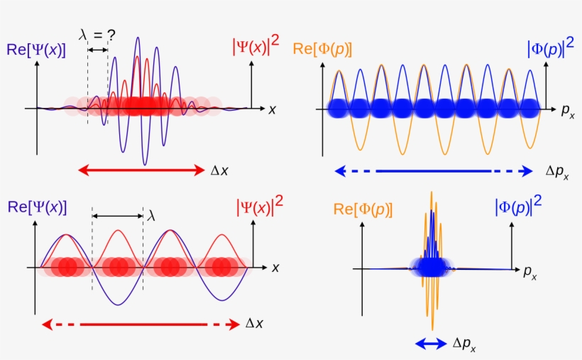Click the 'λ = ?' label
coord(97,35)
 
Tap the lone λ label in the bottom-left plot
coord(150,216)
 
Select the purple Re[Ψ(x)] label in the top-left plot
coord(36,50)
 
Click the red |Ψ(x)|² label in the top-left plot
coord(256,45)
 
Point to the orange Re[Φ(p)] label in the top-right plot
coord(322,50)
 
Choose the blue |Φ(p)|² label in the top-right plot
coord(551,48)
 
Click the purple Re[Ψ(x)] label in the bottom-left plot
coord(37,207)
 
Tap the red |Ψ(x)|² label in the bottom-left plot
coord(260,206)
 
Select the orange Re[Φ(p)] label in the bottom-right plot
coord(363,209)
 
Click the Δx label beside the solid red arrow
coord(219,170)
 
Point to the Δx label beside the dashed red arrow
coord(254,324)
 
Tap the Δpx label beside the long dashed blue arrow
coord(557,172)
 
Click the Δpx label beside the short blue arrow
coord(464,344)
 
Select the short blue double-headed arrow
coord(431,344)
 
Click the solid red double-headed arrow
coord(141,170)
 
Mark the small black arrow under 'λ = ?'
coord(98,50)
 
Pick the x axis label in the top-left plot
coord(273,109)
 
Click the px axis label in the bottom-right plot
coord(530,273)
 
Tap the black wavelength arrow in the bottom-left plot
coord(118,216)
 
